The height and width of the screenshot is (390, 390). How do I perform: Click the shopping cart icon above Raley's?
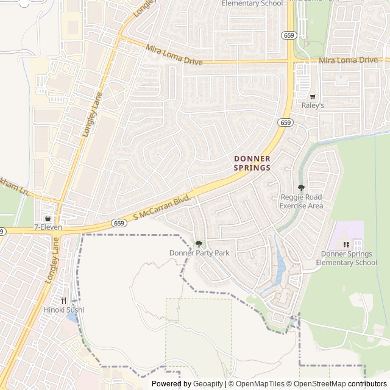(313, 96)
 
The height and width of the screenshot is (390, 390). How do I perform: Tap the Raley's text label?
(313, 105)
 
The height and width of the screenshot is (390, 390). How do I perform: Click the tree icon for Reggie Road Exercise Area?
(301, 188)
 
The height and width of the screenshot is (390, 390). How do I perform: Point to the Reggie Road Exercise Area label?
(301, 202)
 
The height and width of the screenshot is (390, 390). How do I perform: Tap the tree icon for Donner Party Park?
(199, 244)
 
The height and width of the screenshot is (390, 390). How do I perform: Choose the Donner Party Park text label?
(199, 253)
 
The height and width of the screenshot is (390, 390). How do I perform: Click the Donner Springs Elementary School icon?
(346, 245)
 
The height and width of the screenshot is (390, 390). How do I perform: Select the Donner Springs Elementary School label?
(346, 258)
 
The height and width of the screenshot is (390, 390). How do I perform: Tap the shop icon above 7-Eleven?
(48, 218)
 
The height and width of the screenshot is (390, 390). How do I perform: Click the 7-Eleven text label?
(48, 227)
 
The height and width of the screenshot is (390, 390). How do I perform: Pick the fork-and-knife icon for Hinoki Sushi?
(63, 300)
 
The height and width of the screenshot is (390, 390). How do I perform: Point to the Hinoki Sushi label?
(63, 310)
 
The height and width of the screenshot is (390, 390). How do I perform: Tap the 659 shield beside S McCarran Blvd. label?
(119, 224)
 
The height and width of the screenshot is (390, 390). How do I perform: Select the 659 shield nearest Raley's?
(285, 122)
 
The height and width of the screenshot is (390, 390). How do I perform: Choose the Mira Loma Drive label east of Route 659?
(349, 60)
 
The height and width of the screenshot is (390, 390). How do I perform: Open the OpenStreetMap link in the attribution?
(316, 384)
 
